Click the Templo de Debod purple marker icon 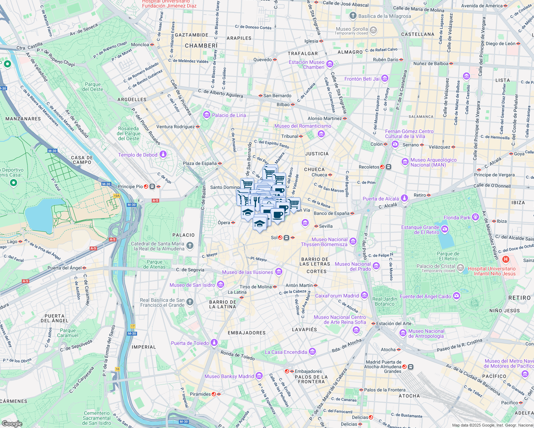(163, 154)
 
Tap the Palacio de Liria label (229, 115)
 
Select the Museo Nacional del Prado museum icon (376, 266)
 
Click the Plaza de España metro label (200, 163)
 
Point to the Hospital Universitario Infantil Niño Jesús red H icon (505, 259)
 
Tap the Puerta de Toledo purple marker (214, 343)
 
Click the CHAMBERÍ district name (201, 46)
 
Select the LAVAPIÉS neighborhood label (304, 330)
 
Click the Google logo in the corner (12, 423)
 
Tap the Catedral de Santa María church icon (190, 245)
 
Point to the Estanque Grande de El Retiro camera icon (444, 229)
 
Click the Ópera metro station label (224, 223)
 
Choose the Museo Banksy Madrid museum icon (259, 376)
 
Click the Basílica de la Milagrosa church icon (353, 16)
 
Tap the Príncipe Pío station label (130, 187)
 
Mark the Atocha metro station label (388, 350)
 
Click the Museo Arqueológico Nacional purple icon (405, 162)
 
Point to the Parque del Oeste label (92, 87)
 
